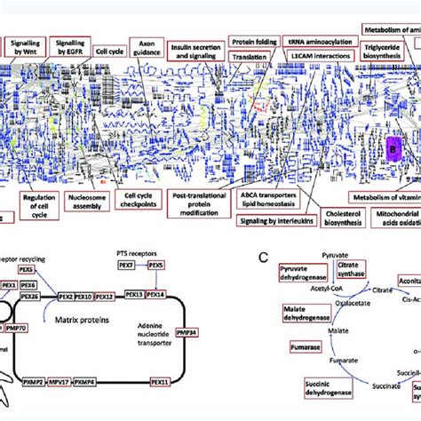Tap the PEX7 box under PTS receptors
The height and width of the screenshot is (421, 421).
pos(126,266)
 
